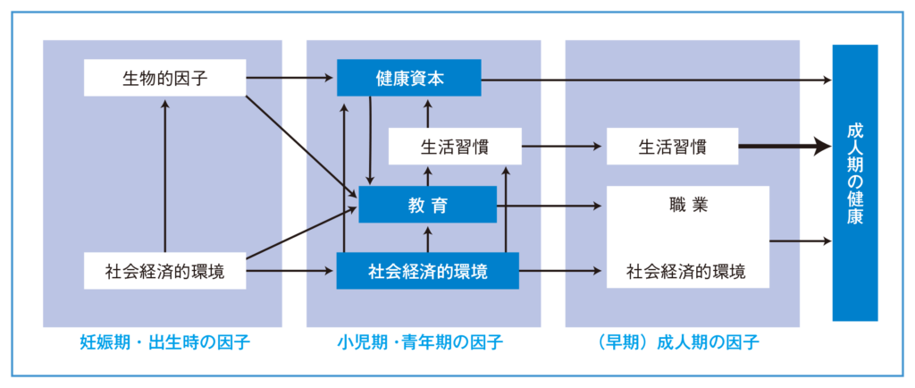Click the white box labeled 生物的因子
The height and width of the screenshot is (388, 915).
click(164, 78)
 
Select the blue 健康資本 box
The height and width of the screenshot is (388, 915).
click(409, 78)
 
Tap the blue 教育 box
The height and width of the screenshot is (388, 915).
click(427, 205)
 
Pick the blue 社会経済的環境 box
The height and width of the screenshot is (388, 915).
click(427, 270)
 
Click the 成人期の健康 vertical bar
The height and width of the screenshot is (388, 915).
click(855, 182)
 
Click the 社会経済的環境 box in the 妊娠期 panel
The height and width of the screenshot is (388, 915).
click(164, 270)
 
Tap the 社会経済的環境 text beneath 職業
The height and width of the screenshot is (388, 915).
click(686, 270)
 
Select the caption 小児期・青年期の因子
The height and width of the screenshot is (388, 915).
click(420, 342)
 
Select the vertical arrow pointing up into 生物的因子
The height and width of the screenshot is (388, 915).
click(164, 170)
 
